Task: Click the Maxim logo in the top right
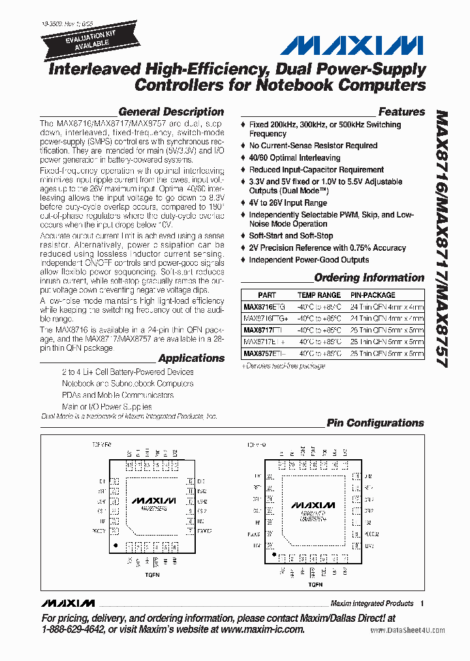352,45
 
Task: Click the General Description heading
171,112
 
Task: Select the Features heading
401,112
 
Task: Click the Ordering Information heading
369,278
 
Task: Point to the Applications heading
191,358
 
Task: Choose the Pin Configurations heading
375,423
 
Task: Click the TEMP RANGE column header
319,295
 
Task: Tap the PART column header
267,295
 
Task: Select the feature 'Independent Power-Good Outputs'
309,260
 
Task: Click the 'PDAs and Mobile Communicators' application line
117,395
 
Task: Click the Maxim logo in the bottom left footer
67,603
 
